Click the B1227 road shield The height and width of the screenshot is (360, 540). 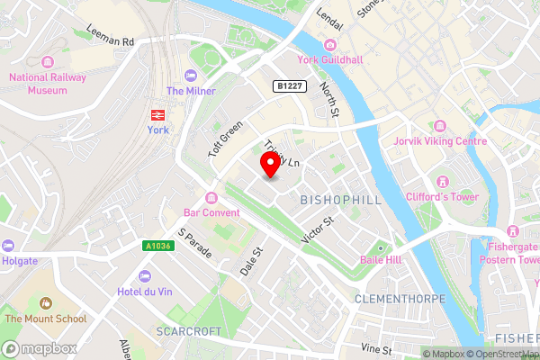tap(288, 85)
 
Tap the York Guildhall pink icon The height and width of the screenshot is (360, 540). tap(330, 45)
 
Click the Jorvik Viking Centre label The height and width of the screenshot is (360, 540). tap(440, 141)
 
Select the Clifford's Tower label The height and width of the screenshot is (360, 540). tap(443, 196)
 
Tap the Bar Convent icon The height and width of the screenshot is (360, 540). tap(211, 198)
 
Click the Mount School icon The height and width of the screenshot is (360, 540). tap(47, 303)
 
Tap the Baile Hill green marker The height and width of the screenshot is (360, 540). tap(381, 247)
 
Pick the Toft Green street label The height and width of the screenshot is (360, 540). tap(226, 139)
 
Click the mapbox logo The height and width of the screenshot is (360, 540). tap(38, 347)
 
